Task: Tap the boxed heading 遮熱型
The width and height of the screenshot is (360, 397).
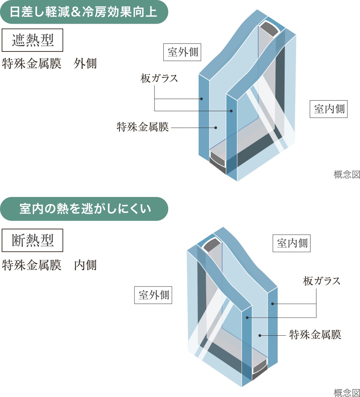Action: (x=32, y=40)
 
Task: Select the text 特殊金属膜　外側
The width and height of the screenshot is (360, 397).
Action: (x=49, y=63)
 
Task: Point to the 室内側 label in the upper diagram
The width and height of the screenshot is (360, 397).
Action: (x=329, y=109)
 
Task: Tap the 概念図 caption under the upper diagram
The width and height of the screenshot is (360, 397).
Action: (x=346, y=175)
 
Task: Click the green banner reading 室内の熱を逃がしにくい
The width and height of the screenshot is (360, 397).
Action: (x=84, y=209)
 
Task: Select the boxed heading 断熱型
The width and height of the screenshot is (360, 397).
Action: (x=32, y=240)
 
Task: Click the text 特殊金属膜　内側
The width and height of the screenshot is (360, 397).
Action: (x=49, y=265)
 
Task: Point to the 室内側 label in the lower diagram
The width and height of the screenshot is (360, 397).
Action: (x=292, y=243)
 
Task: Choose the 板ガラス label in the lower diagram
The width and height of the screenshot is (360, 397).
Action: (x=322, y=281)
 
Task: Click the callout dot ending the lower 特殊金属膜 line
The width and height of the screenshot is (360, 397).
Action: (x=260, y=335)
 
